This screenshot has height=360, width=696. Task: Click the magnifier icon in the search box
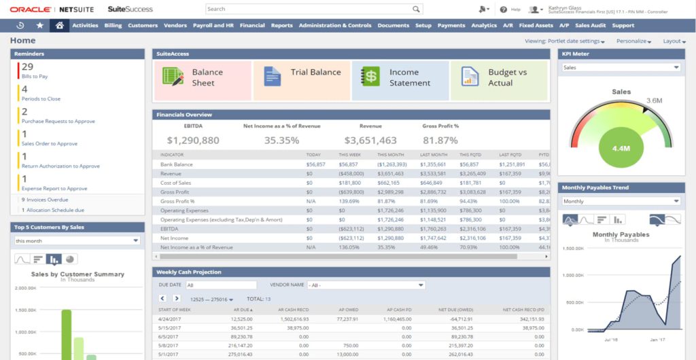pos(416,10)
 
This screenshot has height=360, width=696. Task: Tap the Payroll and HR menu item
pos(213,26)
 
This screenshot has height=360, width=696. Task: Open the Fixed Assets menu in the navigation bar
pos(536,26)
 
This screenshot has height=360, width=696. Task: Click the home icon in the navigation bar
pos(60,26)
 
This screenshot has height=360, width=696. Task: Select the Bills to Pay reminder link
pos(35,77)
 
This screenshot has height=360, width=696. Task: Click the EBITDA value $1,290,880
pos(193,141)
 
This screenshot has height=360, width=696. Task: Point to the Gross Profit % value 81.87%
pos(440,141)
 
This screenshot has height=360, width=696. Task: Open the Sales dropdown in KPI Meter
pos(621,68)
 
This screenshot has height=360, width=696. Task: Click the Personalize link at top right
pos(633,41)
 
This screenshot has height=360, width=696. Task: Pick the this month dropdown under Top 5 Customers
pos(77,240)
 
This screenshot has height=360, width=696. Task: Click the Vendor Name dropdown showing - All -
pos(366,285)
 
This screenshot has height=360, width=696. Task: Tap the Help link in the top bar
pos(515,10)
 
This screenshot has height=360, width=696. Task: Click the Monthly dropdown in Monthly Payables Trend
pos(621,202)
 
